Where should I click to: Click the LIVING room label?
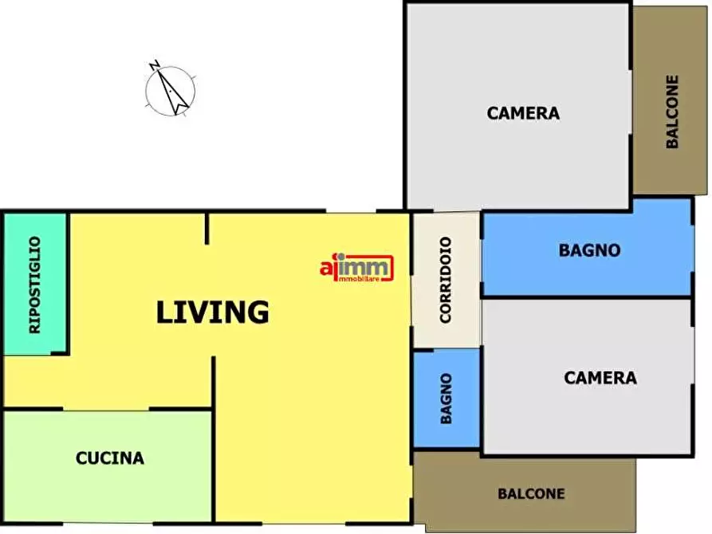213,312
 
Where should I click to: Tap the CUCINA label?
110,458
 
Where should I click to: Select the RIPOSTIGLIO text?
34,285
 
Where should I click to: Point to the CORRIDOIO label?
446,281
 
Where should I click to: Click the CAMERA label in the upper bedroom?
523,113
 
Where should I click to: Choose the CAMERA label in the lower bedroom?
600,378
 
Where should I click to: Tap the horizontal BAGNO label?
589,250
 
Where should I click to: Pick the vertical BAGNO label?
446,399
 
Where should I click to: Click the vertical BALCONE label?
672,112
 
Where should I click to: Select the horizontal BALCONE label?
531,493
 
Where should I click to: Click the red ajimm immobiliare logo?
357,268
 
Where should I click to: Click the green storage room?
35,284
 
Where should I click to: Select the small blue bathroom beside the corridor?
446,399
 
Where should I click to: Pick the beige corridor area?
446,281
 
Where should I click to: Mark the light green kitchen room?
108,466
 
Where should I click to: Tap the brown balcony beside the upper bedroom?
670,100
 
